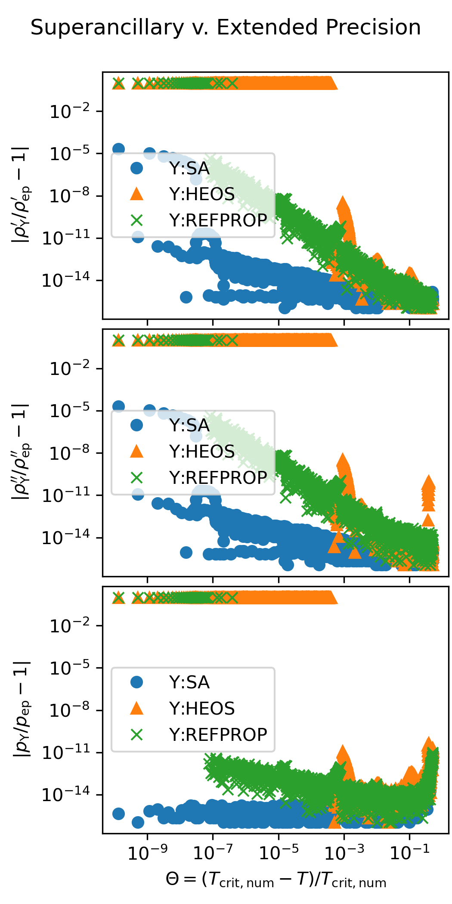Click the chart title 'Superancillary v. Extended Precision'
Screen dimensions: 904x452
pos(226,28)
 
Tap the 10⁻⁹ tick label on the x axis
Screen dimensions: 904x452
pos(148,852)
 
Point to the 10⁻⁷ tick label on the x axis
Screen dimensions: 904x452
pos(213,852)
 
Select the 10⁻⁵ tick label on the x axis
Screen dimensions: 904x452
pos(279,852)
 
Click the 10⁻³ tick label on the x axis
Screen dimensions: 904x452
pos(344,852)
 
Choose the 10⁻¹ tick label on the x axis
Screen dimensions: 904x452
pos(409,852)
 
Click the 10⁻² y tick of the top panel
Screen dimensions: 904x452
pos(70,111)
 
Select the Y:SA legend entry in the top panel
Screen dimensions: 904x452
pos(189,168)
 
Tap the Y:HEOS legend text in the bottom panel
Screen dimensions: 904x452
pos(201,709)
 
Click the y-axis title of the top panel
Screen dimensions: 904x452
pos(22,195)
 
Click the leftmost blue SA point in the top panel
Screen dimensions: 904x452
pos(118,149)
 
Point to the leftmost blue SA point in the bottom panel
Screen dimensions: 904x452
pos(118,814)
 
